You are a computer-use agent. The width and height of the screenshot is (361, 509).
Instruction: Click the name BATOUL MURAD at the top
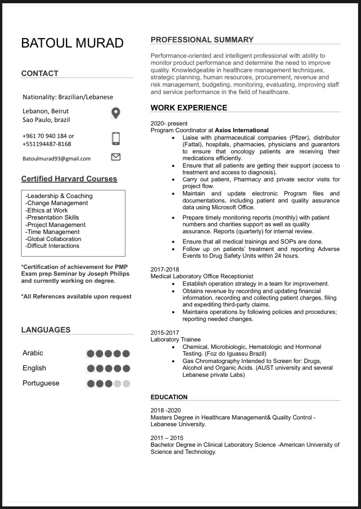(x=72, y=43)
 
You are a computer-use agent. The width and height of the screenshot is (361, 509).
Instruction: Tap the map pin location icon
(x=116, y=113)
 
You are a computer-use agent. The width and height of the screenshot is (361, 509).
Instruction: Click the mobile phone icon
(x=116, y=138)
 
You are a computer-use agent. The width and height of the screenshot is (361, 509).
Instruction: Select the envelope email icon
(x=116, y=157)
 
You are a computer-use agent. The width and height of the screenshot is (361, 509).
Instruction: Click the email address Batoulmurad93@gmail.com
(x=56, y=159)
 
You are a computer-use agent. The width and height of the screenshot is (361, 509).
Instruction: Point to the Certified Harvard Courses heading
(x=69, y=179)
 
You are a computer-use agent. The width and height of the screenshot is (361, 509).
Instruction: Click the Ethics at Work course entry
(x=47, y=210)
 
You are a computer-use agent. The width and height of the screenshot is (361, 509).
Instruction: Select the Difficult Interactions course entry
(x=52, y=246)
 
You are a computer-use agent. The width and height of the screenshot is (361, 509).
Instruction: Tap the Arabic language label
(x=33, y=353)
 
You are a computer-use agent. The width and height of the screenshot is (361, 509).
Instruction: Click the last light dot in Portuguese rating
(x=126, y=384)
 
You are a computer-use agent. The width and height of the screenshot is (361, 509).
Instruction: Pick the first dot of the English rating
(x=91, y=368)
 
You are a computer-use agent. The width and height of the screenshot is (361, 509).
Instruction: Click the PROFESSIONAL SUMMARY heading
(x=202, y=40)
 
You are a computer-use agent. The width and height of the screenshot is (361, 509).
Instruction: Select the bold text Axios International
(x=242, y=130)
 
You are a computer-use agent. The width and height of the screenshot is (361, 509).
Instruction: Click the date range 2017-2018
(x=165, y=270)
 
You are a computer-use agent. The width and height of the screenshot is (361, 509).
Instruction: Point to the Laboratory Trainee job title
(x=176, y=340)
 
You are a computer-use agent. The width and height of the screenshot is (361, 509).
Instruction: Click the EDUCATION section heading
(x=169, y=397)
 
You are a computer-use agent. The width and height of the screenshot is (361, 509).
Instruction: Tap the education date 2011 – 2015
(x=167, y=438)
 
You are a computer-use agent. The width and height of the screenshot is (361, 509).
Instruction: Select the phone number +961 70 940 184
(x=45, y=136)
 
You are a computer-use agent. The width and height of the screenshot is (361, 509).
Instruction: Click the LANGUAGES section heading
(x=46, y=330)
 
